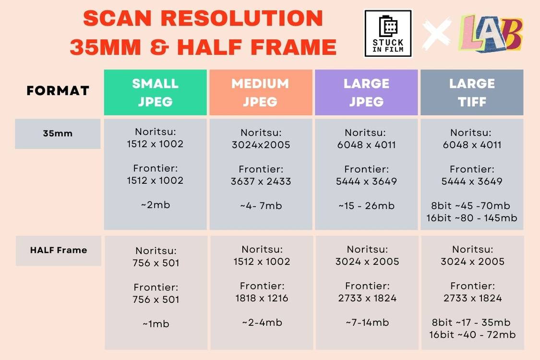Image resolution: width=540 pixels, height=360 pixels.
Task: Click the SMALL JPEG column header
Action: click(x=155, y=92)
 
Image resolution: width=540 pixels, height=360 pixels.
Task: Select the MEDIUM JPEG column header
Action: click(x=261, y=92)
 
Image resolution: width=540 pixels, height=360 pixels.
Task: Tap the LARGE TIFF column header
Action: click(x=472, y=92)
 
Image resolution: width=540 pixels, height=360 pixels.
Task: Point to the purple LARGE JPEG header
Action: click(x=366, y=92)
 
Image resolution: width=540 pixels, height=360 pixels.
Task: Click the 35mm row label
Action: click(x=58, y=133)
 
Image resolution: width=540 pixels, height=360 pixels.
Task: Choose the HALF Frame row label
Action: click(x=59, y=250)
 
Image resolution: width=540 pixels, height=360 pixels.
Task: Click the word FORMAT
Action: click(x=58, y=91)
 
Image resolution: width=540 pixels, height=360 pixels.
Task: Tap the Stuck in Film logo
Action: click(x=388, y=34)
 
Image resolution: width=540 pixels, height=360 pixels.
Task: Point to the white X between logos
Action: click(x=436, y=34)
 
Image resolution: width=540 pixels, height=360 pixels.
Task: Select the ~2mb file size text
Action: click(x=156, y=205)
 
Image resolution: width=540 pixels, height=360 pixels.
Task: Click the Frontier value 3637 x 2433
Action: click(x=261, y=181)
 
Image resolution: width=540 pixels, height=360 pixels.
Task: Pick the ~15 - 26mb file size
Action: click(x=366, y=205)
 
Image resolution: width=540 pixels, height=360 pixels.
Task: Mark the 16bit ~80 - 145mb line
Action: click(x=472, y=218)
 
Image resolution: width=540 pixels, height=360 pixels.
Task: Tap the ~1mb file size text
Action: click(x=156, y=324)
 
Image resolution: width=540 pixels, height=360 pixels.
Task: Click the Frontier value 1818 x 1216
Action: click(x=262, y=298)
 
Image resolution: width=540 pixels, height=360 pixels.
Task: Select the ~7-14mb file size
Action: click(x=367, y=323)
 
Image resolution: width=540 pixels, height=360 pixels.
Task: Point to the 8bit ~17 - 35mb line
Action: click(x=472, y=322)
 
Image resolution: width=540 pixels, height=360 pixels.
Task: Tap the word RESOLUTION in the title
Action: click(x=235, y=19)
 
